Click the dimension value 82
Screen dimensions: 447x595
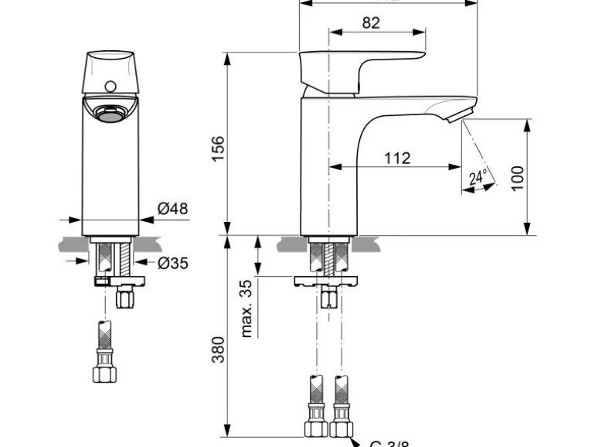[x=371, y=23]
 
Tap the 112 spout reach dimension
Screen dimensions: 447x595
[x=396, y=159]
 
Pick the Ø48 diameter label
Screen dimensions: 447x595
[x=172, y=209]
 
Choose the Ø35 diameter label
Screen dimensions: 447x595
[x=172, y=263]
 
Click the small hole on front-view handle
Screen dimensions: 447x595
[x=111, y=87]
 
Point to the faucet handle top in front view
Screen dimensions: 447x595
[x=110, y=62]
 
